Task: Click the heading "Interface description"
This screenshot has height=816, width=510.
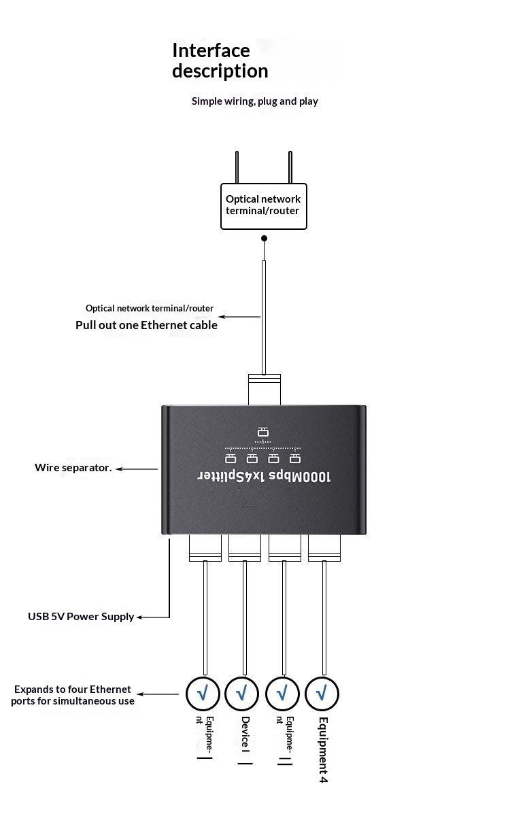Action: tap(220, 61)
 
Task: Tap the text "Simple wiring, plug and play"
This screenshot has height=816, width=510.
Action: tap(254, 101)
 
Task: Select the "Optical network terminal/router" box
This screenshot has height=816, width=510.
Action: tap(264, 205)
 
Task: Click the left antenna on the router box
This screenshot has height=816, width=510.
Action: tap(237, 167)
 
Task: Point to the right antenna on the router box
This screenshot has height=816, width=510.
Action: tap(290, 167)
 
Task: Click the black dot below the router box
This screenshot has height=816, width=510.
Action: tap(265, 239)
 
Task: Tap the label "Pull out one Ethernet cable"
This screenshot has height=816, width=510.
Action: tap(146, 325)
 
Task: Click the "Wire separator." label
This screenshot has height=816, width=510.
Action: tap(73, 468)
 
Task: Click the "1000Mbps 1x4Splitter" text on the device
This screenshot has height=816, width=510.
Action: tap(264, 476)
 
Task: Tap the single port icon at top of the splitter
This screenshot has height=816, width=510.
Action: tap(263, 432)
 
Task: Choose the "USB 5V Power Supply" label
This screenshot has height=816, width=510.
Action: tap(81, 617)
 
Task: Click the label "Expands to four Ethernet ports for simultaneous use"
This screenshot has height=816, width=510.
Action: tap(72, 695)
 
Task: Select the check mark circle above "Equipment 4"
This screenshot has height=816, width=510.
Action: tap(322, 694)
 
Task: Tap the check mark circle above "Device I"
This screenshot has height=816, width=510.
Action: tap(242, 694)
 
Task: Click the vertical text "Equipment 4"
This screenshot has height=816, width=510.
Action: tap(323, 749)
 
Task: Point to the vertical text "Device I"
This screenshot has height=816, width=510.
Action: tap(245, 741)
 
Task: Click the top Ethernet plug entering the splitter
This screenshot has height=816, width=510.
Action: tap(264, 390)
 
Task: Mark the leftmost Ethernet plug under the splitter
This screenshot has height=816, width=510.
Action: tap(205, 548)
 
